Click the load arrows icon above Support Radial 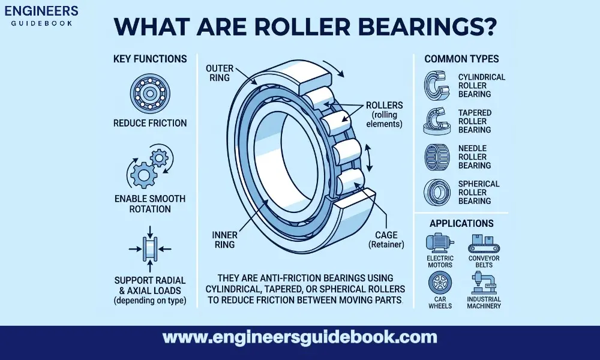click(x=149, y=248)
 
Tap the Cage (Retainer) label click(x=385, y=239)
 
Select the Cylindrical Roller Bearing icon click(x=436, y=85)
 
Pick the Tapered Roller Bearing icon click(x=436, y=121)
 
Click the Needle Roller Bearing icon click(x=436, y=157)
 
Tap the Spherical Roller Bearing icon click(x=436, y=193)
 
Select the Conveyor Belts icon click(x=484, y=242)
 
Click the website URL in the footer click(x=300, y=337)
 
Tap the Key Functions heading click(x=149, y=59)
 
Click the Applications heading click(x=461, y=223)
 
